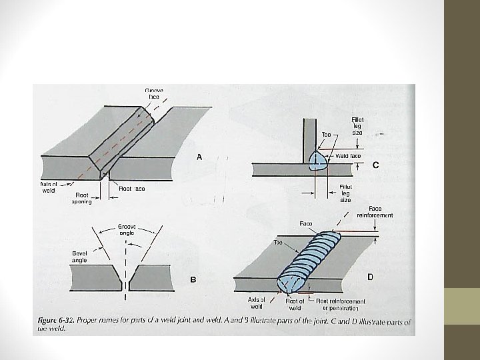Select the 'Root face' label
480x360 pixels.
(131, 189)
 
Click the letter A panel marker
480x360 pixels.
(197, 159)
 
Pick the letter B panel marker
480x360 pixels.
(193, 280)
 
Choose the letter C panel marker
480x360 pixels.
(376, 165)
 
